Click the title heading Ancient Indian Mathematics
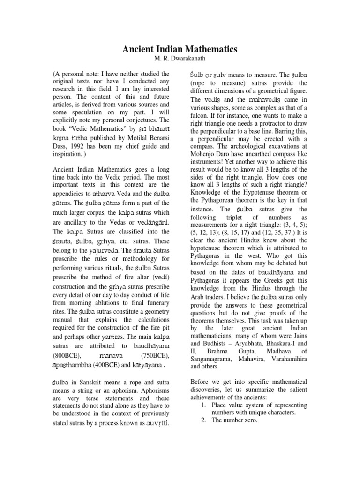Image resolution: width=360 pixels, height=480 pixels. [180, 49]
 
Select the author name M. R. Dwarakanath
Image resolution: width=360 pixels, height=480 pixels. [180, 59]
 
